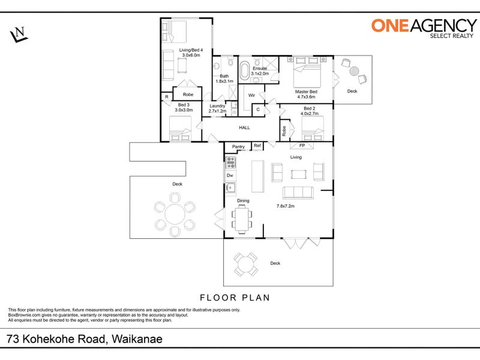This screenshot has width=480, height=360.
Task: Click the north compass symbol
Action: click(x=19, y=34)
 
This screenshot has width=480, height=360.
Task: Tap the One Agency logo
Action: click(x=424, y=28)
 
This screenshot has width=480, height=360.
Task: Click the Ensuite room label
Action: click(x=260, y=68)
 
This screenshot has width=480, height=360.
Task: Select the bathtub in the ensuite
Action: click(x=244, y=70)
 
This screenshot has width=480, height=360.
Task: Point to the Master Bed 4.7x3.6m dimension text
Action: click(x=306, y=97)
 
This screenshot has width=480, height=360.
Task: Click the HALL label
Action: click(x=244, y=128)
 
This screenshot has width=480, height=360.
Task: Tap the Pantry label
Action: click(x=238, y=146)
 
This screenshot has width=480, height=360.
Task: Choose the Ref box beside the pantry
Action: click(x=257, y=146)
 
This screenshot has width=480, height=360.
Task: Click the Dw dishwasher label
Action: click(x=230, y=175)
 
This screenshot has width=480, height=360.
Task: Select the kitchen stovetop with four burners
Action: click(x=230, y=162)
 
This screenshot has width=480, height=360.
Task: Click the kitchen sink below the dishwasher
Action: click(x=230, y=187)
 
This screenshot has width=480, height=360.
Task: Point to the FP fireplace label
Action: click(x=302, y=145)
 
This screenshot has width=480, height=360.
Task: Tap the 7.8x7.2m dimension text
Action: click(x=286, y=206)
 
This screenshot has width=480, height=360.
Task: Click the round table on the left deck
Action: click(x=175, y=214)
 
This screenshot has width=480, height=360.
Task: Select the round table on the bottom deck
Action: click(x=245, y=265)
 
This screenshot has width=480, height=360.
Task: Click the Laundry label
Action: click(x=217, y=106)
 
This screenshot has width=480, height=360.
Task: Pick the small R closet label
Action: click(x=167, y=97)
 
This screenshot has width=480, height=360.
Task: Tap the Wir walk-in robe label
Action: click(x=251, y=95)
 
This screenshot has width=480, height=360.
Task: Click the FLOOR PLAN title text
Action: click(x=235, y=298)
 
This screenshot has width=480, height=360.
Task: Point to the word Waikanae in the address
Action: click(x=137, y=339)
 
